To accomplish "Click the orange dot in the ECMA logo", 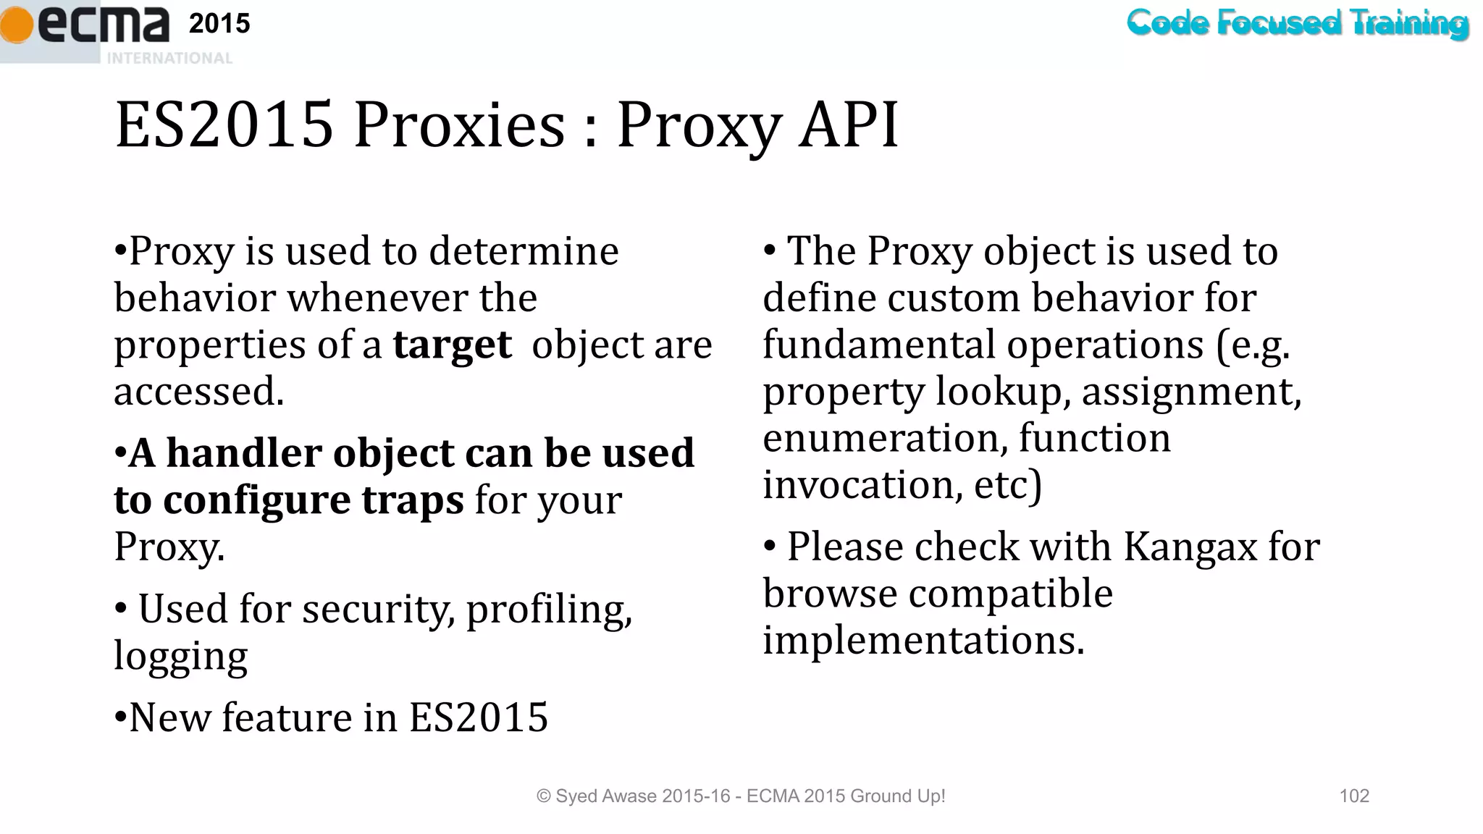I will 16,26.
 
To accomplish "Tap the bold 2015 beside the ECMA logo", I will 219,24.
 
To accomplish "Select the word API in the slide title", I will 848,125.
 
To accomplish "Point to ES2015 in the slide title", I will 224,125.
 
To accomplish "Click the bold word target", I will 452,345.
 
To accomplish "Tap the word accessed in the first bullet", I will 198,392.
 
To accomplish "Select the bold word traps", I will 412,500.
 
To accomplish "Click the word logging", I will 180,657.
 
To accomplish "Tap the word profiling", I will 549,609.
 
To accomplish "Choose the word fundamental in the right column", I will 878,345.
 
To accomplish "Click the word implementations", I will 923,640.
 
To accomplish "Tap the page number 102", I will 1354,796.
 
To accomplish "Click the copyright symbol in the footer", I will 543,796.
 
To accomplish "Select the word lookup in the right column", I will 1003,392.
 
